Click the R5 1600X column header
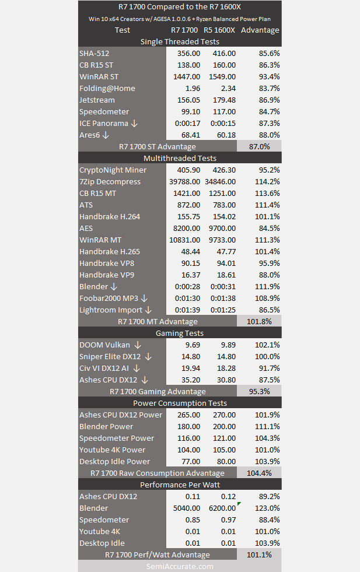[219, 30]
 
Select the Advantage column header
[260, 30]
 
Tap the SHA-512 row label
[94, 53]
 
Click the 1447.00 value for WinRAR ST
[187, 76]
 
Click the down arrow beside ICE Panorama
[134, 124]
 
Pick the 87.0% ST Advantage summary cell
[259, 147]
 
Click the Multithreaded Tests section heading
[180, 159]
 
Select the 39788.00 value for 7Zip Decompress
[185, 182]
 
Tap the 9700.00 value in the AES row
[222, 229]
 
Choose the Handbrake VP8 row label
[107, 264]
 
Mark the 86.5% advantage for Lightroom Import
[267, 310]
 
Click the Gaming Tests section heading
[180, 333]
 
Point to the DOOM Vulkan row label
[104, 345]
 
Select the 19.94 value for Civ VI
[191, 369]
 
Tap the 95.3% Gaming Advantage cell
[259, 391]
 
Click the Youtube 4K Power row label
[112, 450]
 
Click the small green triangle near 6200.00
[239, 504]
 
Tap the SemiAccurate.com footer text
[180, 567]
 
